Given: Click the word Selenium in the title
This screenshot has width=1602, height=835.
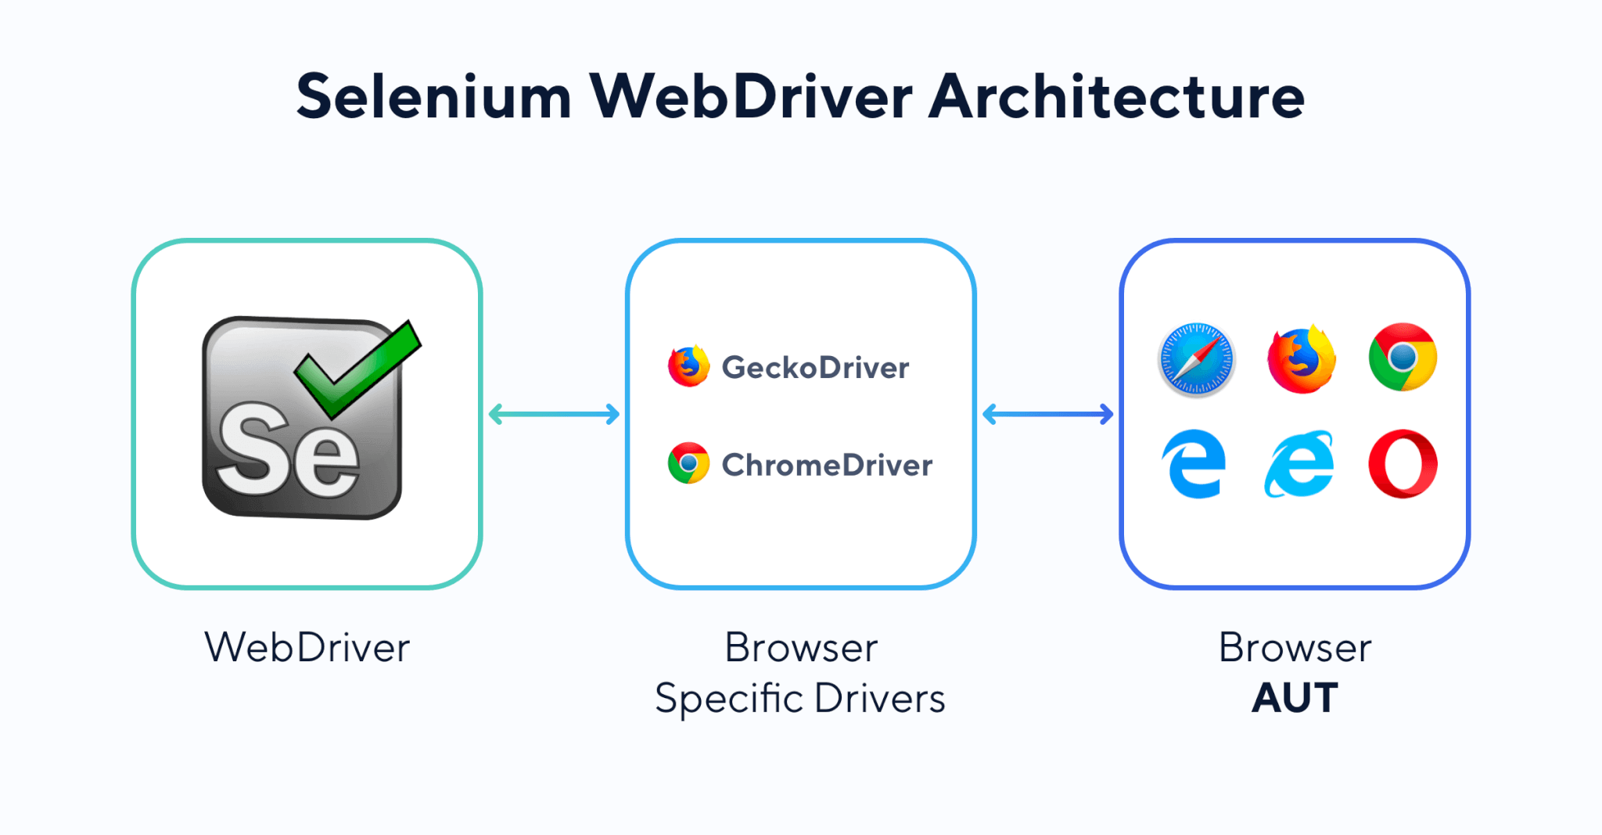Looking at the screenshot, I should pos(433,97).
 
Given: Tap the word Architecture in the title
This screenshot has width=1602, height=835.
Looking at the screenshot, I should pos(1116,97).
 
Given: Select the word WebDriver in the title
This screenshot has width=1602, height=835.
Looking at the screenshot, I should pos(750,97).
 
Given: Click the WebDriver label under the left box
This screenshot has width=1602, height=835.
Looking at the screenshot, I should pos(307,648).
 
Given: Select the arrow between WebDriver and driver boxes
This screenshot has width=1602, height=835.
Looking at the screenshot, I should pos(554,414).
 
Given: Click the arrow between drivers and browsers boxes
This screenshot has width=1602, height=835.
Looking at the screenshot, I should pos(1047,414).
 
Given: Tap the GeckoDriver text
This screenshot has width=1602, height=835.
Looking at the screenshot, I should pos(815,368).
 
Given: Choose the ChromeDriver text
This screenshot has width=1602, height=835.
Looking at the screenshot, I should pos(827,466).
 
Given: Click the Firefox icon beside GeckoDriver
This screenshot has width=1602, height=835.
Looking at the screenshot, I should pos(688,366).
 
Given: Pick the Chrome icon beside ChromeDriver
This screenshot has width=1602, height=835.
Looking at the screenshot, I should pos(688,463).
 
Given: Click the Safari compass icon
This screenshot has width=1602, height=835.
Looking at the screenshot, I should pos(1196,359).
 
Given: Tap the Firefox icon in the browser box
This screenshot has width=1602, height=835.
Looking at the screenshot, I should pos(1301,359).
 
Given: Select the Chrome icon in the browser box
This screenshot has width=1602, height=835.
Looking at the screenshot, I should pos(1403,358).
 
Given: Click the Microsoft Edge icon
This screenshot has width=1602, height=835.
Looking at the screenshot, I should pos(1194,463).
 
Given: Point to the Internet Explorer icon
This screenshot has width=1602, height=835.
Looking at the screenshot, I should pos(1299,463).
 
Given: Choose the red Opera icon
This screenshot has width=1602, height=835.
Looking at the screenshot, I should pos(1403,463).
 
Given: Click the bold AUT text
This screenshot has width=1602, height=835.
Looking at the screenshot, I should pos(1295,698).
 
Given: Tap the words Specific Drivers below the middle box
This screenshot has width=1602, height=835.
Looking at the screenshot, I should pos(800,698).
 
